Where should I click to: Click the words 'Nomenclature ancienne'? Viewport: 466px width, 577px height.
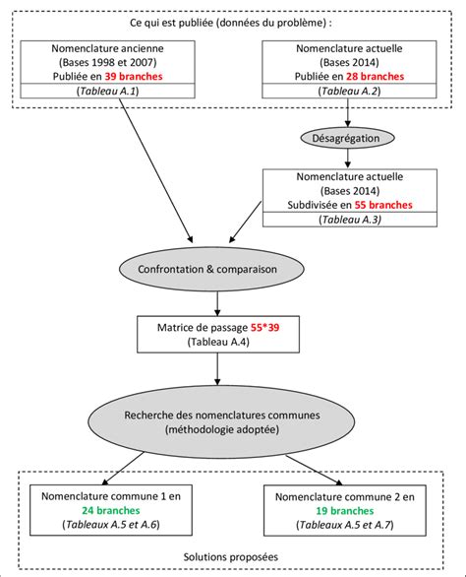(x=109, y=46)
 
